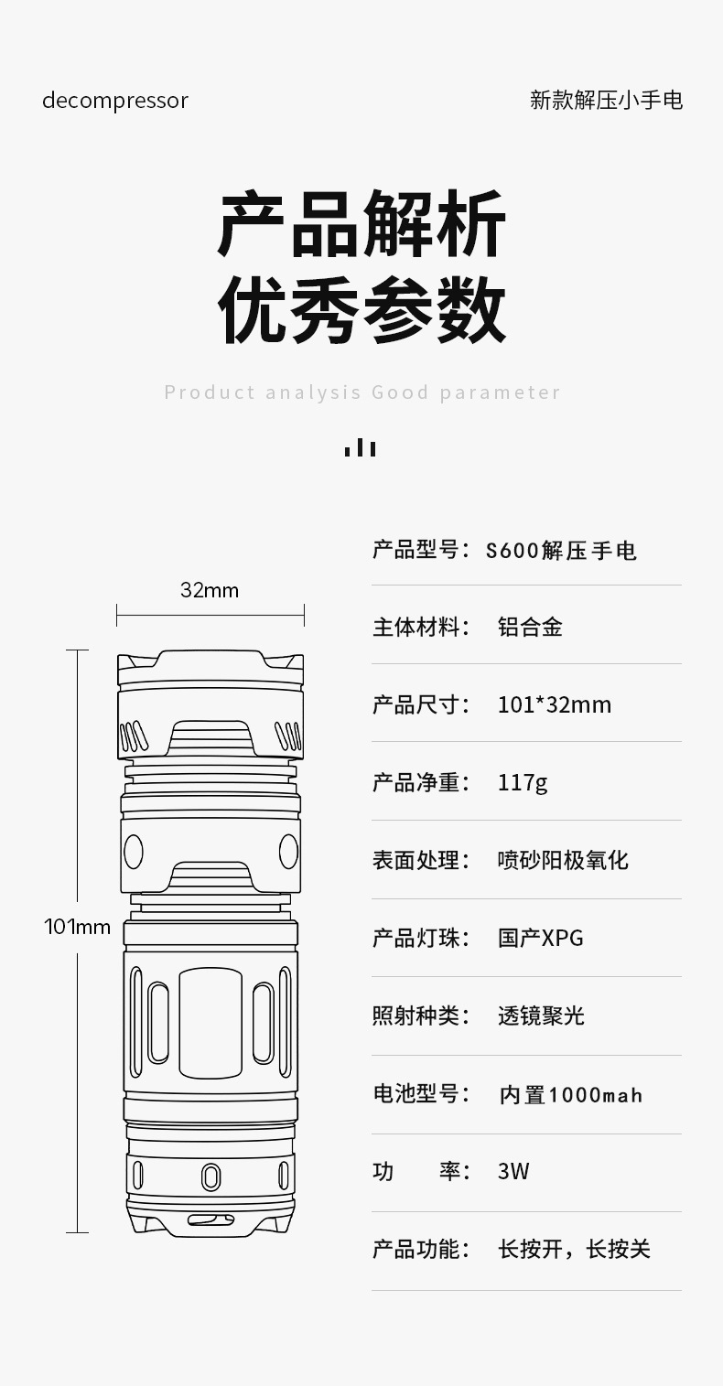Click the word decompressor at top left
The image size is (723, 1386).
pyautogui.click(x=115, y=101)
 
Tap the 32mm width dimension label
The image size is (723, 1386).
pyautogui.click(x=210, y=590)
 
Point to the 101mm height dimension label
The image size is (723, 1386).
pyautogui.click(x=78, y=927)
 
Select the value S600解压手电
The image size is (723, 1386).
pyautogui.click(x=561, y=551)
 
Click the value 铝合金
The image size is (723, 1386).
pyautogui.click(x=530, y=628)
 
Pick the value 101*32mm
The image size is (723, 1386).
pyautogui.click(x=554, y=704)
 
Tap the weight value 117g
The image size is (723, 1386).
pyautogui.click(x=523, y=783)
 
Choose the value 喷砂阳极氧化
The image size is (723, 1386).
pyautogui.click(x=563, y=860)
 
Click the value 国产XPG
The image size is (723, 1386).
pyautogui.click(x=540, y=938)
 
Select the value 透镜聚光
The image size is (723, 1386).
pyautogui.click(x=541, y=1015)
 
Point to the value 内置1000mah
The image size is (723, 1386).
pyautogui.click(x=570, y=1094)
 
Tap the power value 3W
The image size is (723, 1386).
pyautogui.click(x=513, y=1172)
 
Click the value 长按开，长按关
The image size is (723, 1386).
pyautogui.click(x=574, y=1250)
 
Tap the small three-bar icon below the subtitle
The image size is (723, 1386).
pyautogui.click(x=361, y=447)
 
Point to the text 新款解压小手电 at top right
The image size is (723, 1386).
pyautogui.click(x=606, y=101)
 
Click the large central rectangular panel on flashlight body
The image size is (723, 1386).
pyautogui.click(x=210, y=1023)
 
